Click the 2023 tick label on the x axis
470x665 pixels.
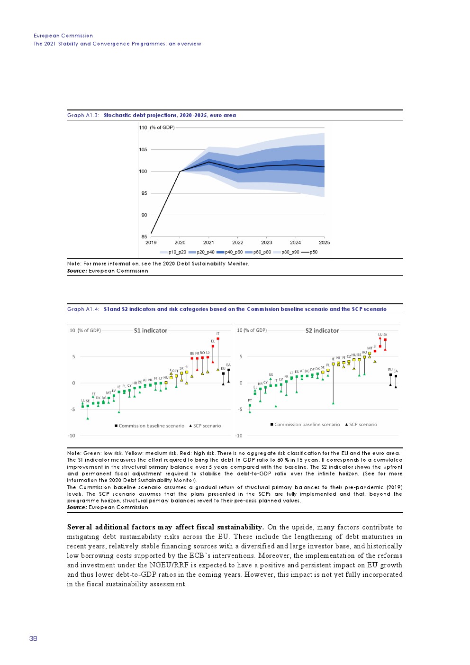tap(266, 243)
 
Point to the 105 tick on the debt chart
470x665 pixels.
tap(143, 150)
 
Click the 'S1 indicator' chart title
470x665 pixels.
tap(151, 331)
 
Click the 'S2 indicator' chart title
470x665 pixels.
tap(322, 331)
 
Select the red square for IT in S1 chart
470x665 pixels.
tap(218, 339)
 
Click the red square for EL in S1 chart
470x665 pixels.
tap(213, 346)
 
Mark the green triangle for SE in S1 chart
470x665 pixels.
tap(88, 418)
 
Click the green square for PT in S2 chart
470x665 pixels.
tap(250, 405)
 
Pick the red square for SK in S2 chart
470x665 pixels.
tap(385, 340)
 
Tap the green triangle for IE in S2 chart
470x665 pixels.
tap(333, 403)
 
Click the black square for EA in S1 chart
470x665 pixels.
tap(228, 370)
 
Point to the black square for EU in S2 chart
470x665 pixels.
tap(390, 374)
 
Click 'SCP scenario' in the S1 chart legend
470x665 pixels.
tap(207, 426)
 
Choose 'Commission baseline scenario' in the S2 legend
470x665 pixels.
tap(307, 425)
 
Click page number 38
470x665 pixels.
tap(33, 638)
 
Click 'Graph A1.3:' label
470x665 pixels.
tap(83, 115)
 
